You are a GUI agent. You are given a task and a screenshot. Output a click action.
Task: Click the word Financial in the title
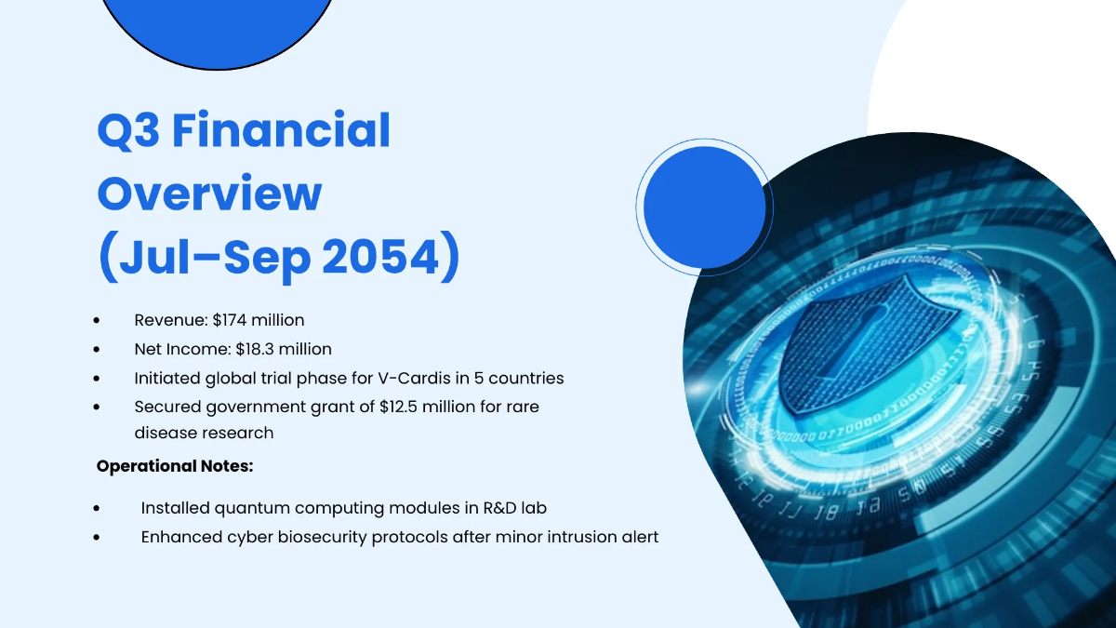point(281,130)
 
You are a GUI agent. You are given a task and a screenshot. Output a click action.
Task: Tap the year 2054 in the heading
point(380,257)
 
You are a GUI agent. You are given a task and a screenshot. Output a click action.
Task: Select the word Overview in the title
point(210,194)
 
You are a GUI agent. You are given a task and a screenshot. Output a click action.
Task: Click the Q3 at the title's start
point(128,131)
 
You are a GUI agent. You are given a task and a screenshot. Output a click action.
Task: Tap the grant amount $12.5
point(398,407)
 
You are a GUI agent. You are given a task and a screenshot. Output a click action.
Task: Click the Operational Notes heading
point(175,466)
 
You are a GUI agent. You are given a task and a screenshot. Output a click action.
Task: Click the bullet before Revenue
point(97,320)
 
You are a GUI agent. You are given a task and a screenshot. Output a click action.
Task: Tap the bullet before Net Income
point(97,350)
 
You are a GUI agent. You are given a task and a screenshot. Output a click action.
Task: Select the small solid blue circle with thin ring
point(705,207)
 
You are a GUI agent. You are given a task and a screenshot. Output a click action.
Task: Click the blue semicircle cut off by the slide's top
point(218,30)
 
